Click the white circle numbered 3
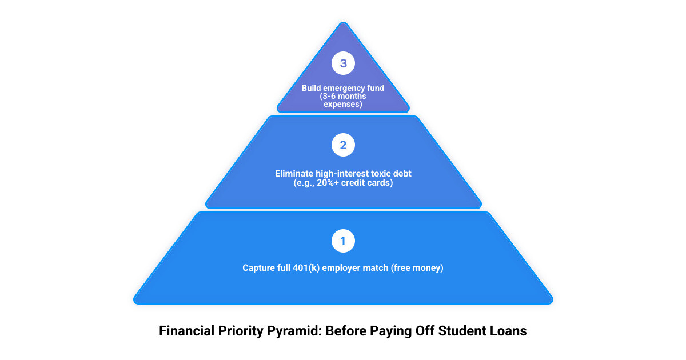click(x=343, y=63)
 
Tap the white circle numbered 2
click(x=343, y=145)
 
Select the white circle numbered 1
click(x=343, y=241)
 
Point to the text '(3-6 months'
click(x=343, y=97)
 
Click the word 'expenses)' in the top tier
click(x=343, y=105)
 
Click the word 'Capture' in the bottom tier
click(x=258, y=267)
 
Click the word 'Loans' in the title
click(x=510, y=331)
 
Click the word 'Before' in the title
click(x=346, y=331)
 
